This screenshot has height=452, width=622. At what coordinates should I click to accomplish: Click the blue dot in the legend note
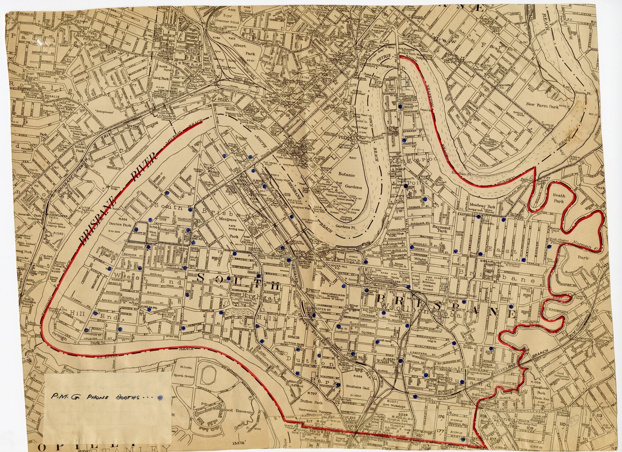159,397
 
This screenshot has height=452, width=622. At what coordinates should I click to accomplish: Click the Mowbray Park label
483,207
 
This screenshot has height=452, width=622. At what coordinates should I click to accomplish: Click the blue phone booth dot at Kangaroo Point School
406,186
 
